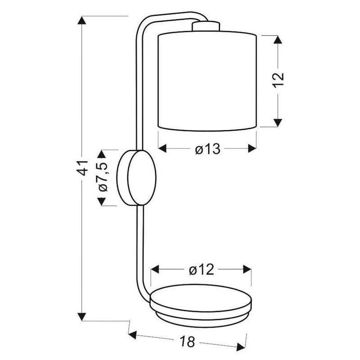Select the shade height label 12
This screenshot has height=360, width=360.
278,80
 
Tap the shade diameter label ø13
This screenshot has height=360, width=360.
208,149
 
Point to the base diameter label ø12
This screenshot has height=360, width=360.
202,270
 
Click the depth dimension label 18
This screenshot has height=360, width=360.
187,342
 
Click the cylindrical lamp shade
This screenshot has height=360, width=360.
207,81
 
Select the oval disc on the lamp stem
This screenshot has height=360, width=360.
137,178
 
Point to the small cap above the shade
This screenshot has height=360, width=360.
206,26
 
